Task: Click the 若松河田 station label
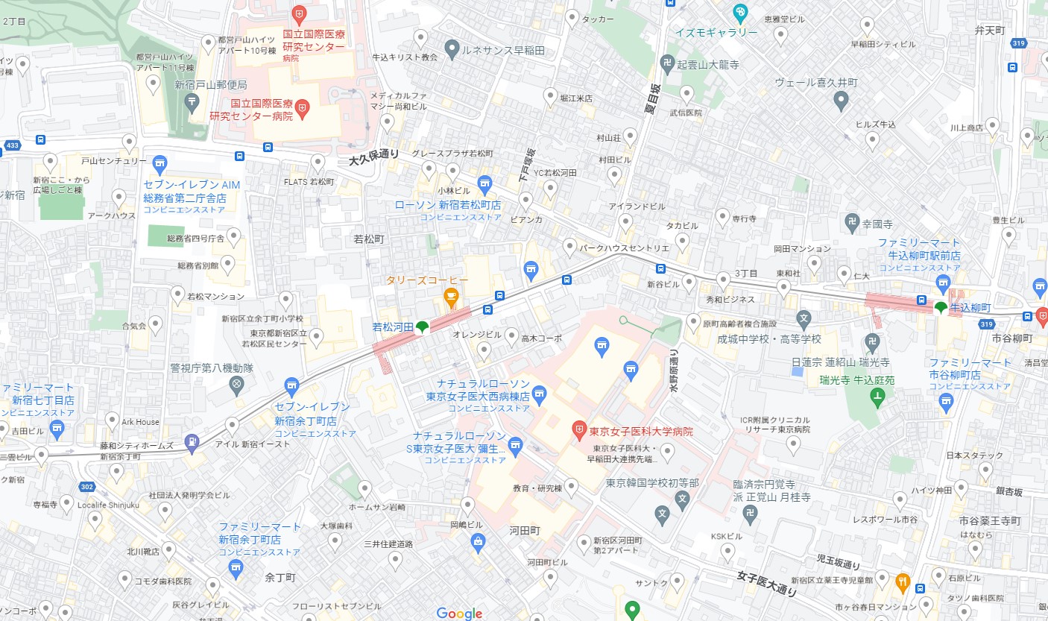(x=393, y=327)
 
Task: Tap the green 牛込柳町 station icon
(x=940, y=307)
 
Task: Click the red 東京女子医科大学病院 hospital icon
(x=578, y=430)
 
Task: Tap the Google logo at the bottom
(x=459, y=613)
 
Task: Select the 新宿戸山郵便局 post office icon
(x=193, y=100)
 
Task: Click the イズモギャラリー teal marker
(x=739, y=12)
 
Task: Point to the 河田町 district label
(x=525, y=530)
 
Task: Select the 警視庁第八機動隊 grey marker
(x=237, y=385)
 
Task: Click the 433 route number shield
(x=12, y=145)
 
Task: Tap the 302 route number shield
(x=86, y=487)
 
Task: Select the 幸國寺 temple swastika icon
(x=852, y=221)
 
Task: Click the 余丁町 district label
(x=280, y=577)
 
